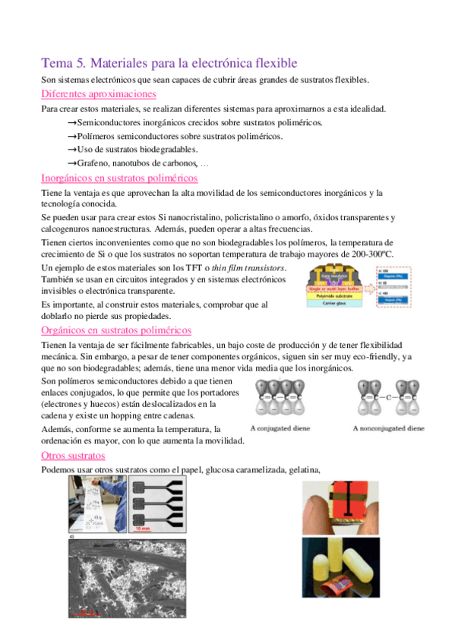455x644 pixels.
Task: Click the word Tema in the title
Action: [55, 63]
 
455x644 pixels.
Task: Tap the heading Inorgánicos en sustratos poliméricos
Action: [118, 178]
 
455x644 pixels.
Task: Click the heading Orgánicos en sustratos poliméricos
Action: [115, 330]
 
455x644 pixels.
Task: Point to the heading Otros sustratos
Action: [72, 456]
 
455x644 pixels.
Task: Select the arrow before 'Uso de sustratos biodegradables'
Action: [72, 150]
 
